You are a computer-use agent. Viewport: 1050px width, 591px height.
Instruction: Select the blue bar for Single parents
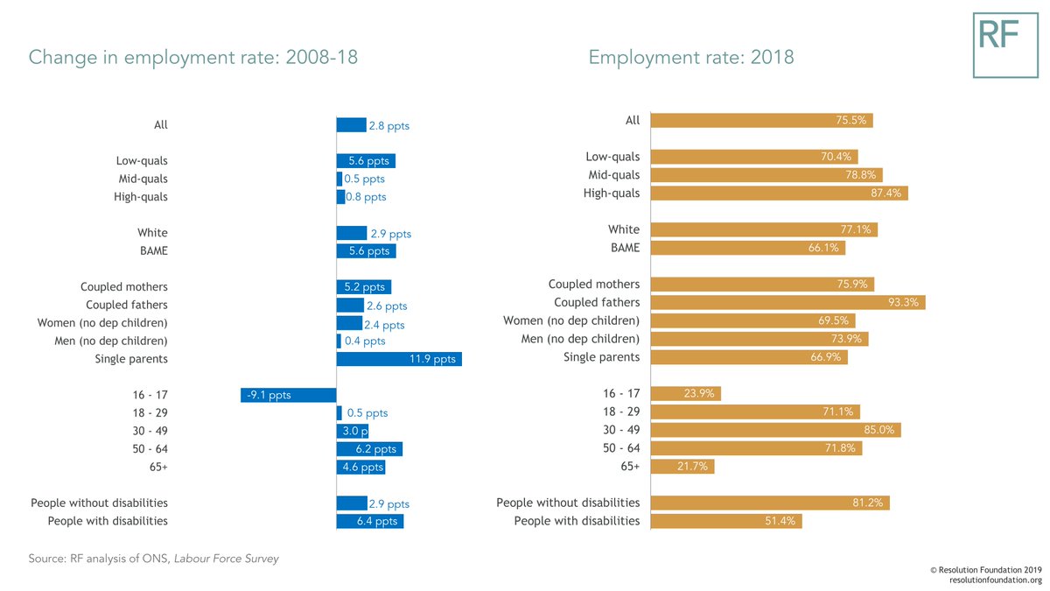(399, 359)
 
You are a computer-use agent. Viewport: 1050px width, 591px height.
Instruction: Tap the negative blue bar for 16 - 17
(288, 395)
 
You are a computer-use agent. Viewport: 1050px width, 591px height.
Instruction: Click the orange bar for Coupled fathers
(788, 302)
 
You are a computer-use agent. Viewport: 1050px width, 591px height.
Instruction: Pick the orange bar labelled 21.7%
(682, 466)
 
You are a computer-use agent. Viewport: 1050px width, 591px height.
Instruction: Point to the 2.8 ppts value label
(389, 126)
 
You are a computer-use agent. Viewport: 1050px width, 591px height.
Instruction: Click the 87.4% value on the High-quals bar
(885, 193)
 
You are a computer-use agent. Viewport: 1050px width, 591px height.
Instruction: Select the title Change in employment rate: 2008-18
(193, 57)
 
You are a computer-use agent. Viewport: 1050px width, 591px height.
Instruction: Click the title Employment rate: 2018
(691, 57)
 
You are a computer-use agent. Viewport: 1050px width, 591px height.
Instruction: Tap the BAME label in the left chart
(154, 250)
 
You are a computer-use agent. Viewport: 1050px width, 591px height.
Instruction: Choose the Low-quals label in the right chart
(612, 157)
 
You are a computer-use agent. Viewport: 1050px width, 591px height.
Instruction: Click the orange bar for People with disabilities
(726, 521)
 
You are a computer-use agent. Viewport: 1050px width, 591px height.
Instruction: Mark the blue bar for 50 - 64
(369, 449)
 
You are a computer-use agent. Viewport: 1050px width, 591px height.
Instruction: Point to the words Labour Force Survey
(227, 559)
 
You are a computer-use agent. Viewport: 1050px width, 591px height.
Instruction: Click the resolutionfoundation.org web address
(996, 580)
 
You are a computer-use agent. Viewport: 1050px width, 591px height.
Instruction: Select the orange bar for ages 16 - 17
(686, 393)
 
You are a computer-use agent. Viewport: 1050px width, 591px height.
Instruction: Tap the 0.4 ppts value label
(365, 341)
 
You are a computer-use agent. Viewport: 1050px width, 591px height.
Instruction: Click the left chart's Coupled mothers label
(123, 286)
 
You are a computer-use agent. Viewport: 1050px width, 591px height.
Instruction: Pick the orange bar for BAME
(748, 248)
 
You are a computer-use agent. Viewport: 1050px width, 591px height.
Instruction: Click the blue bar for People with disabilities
(370, 521)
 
